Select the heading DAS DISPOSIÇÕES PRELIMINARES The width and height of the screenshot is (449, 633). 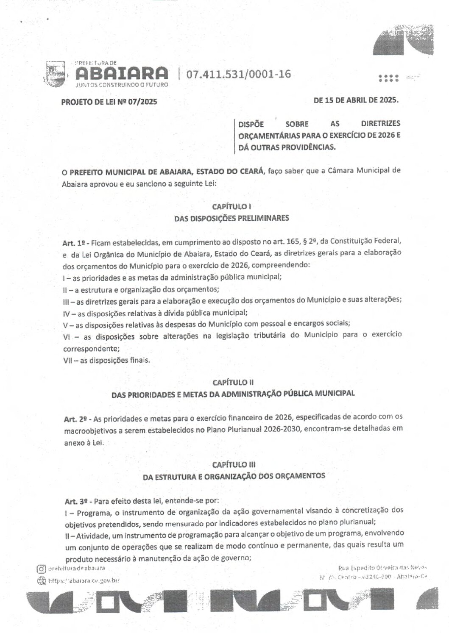pyautogui.click(x=231, y=219)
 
